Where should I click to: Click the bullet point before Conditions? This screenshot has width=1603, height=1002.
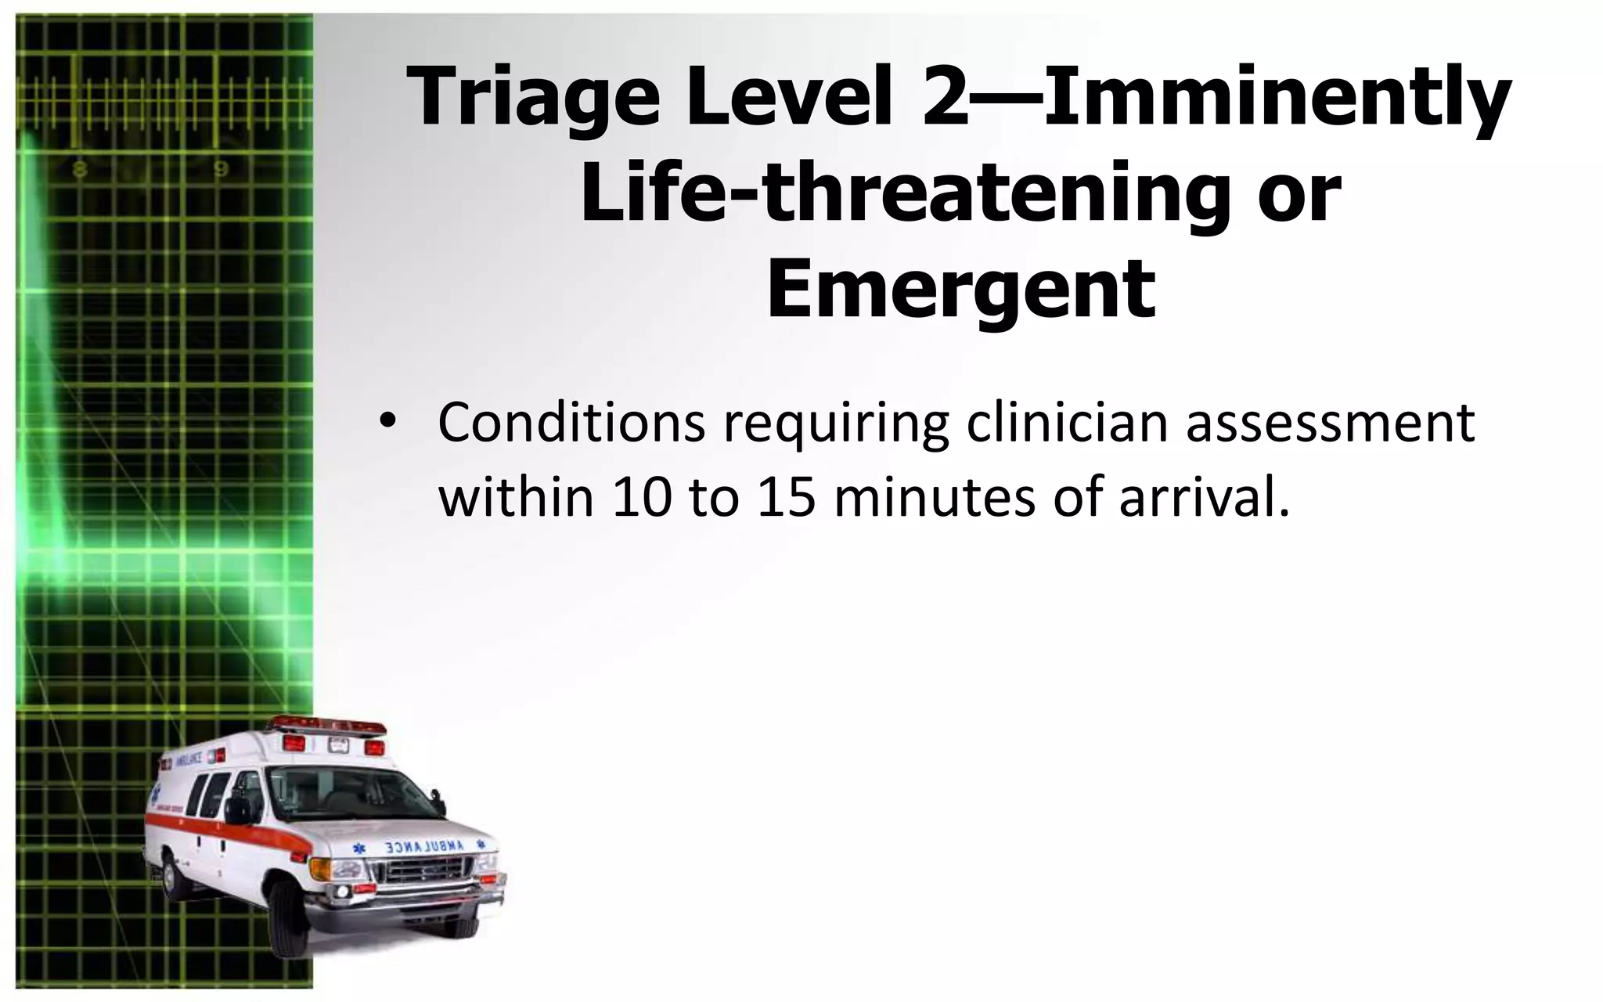pyautogui.click(x=384, y=424)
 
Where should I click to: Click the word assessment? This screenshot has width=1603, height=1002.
pyautogui.click(x=1330, y=424)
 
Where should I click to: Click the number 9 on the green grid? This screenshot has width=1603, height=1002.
pyautogui.click(x=222, y=169)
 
